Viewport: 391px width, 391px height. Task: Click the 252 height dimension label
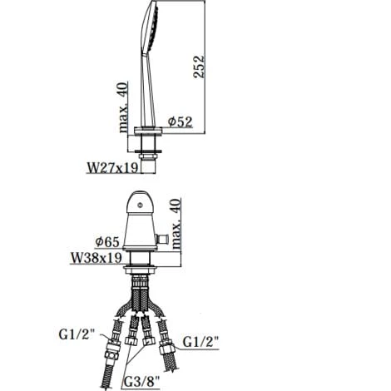pyautogui.click(x=199, y=67)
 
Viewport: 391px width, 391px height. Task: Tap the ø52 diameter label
pyautogui.click(x=180, y=121)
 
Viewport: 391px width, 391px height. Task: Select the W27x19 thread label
pyautogui.click(x=112, y=167)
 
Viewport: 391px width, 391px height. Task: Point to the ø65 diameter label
pyautogui.click(x=107, y=242)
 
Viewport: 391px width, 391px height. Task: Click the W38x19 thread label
pyautogui.click(x=97, y=258)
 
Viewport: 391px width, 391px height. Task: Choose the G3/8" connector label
pyautogui.click(x=141, y=382)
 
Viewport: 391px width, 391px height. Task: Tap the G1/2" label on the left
pyautogui.click(x=77, y=334)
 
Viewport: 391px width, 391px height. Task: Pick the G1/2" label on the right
pyautogui.click(x=200, y=342)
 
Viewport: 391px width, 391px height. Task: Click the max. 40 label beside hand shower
pyautogui.click(x=123, y=107)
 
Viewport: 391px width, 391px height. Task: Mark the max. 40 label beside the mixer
pyautogui.click(x=176, y=224)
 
